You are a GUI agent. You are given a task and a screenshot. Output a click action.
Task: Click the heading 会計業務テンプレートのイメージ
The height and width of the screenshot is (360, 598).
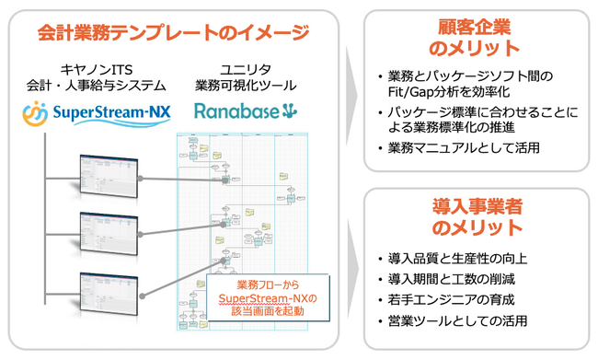pos(174,34)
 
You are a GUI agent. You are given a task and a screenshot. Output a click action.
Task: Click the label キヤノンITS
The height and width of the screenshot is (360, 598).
pos(96,69)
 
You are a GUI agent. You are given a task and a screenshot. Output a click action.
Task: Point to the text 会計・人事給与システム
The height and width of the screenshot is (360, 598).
pos(96,86)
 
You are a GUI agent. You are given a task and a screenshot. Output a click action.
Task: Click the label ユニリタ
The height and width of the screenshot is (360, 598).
pos(245,69)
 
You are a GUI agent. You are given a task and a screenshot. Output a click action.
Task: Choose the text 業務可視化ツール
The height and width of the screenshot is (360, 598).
pos(245,86)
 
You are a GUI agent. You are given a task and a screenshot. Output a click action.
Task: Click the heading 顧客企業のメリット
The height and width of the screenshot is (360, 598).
pos(474,37)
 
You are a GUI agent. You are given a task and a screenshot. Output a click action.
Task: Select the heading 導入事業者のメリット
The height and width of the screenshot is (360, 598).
pos(474,217)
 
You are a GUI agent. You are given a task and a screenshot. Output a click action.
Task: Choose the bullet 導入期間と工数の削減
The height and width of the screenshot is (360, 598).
pos(443,279)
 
